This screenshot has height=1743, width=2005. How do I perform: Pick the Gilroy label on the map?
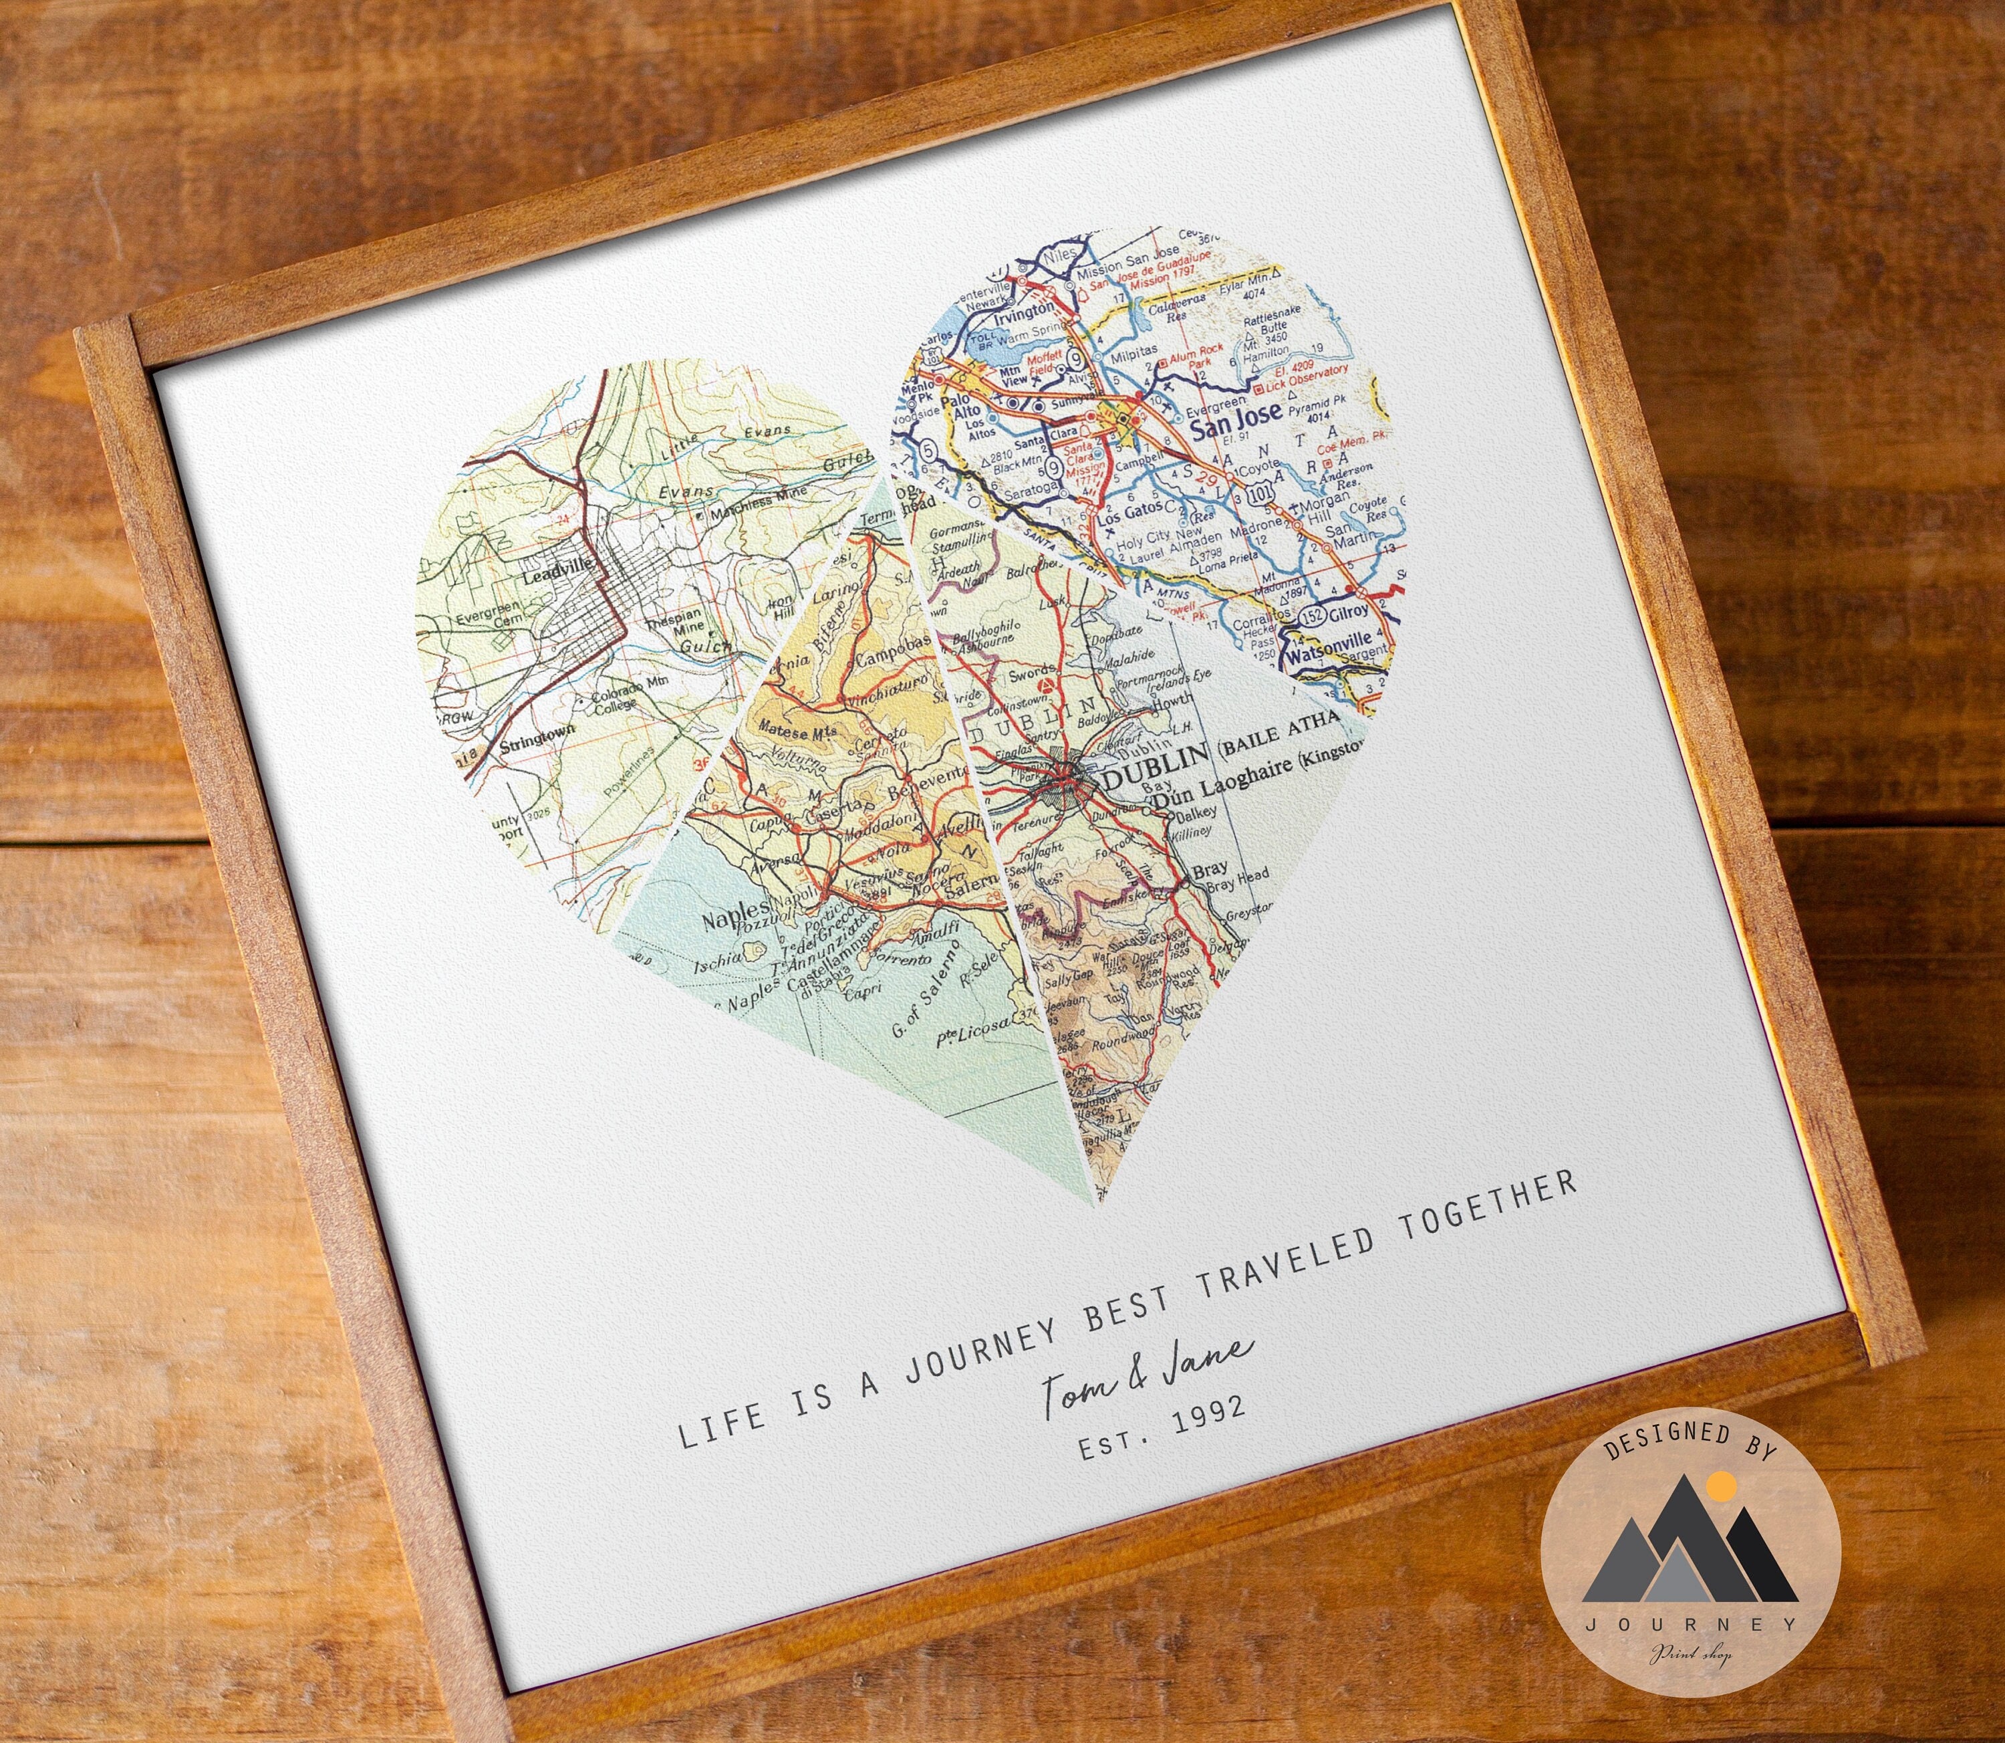1353,611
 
